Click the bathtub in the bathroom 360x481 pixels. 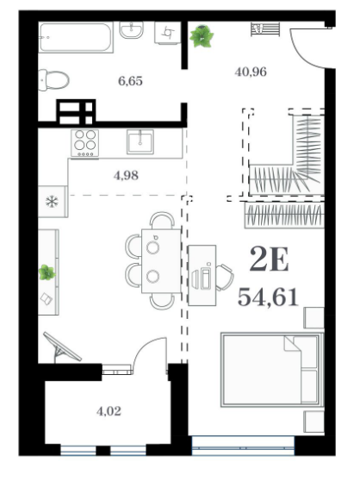click(76, 37)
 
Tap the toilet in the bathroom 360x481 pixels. click(53, 80)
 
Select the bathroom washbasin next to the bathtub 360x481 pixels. click(131, 30)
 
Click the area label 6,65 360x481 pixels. click(131, 81)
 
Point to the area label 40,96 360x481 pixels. click(251, 72)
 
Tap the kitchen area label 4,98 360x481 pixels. click(126, 176)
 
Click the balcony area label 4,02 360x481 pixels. click(109, 411)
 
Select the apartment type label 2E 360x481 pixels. click(269, 259)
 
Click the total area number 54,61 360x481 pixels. click(268, 297)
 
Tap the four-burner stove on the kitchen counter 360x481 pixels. click(85, 142)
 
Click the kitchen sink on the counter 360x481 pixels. click(140, 141)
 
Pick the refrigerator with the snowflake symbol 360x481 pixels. click(53, 202)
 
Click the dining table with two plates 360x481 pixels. click(161, 260)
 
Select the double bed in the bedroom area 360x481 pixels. click(272, 370)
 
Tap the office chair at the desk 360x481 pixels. click(225, 278)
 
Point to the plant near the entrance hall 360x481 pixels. click(202, 36)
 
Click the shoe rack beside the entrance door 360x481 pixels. click(265, 29)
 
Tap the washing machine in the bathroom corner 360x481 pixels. click(168, 33)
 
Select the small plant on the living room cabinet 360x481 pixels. click(47, 272)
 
